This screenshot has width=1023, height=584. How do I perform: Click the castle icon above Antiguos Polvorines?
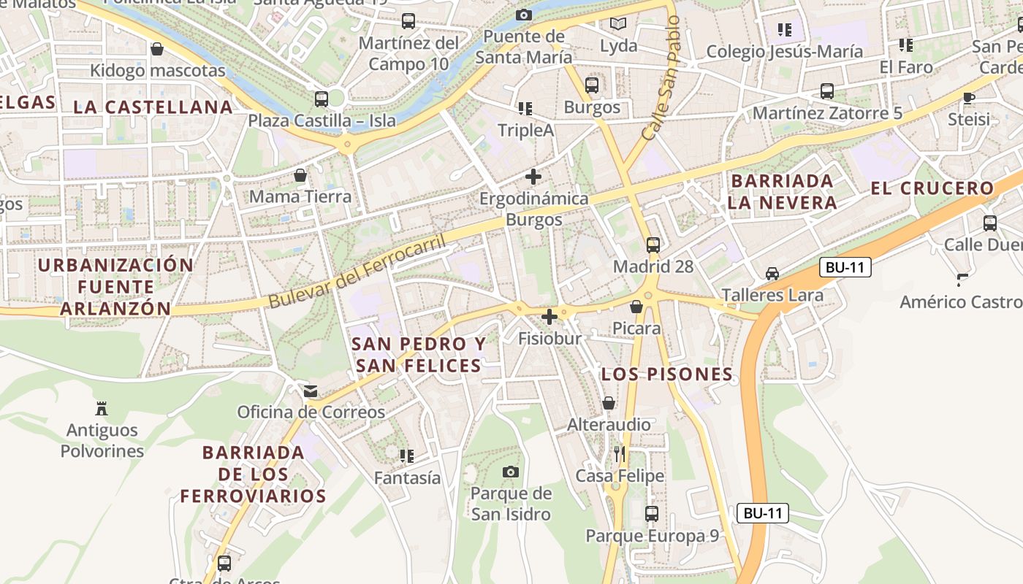pyautogui.click(x=102, y=408)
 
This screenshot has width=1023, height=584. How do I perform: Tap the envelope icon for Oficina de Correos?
pyautogui.click(x=311, y=391)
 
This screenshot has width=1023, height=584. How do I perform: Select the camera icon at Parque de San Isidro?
pyautogui.click(x=511, y=472)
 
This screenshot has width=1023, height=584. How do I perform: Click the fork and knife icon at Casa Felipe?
pyautogui.click(x=620, y=454)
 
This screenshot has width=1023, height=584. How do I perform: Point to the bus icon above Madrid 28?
pyautogui.click(x=653, y=245)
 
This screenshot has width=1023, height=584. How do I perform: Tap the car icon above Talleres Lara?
pyautogui.click(x=772, y=274)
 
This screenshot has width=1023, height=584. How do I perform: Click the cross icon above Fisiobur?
pyautogui.click(x=549, y=317)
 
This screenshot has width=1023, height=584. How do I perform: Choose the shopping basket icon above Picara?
pyautogui.click(x=636, y=307)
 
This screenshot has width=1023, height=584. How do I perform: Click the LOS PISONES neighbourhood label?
pyautogui.click(x=666, y=374)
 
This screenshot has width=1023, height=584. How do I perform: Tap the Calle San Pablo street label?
pyautogui.click(x=661, y=79)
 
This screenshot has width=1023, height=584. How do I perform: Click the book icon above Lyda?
pyautogui.click(x=618, y=24)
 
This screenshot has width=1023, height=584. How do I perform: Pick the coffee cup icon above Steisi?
pyautogui.click(x=969, y=98)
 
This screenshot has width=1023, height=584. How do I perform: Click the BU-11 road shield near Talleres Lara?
pyautogui.click(x=845, y=267)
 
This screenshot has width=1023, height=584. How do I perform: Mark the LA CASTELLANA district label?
pyautogui.click(x=153, y=107)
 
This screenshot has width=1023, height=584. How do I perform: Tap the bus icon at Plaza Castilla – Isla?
pyautogui.click(x=322, y=99)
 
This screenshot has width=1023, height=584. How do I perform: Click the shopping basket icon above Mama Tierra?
pyautogui.click(x=300, y=175)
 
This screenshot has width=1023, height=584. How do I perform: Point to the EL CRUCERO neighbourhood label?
pyautogui.click(x=932, y=188)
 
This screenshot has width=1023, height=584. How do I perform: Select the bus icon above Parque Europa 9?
pyautogui.click(x=652, y=514)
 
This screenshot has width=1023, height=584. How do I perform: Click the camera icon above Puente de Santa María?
pyautogui.click(x=523, y=15)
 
